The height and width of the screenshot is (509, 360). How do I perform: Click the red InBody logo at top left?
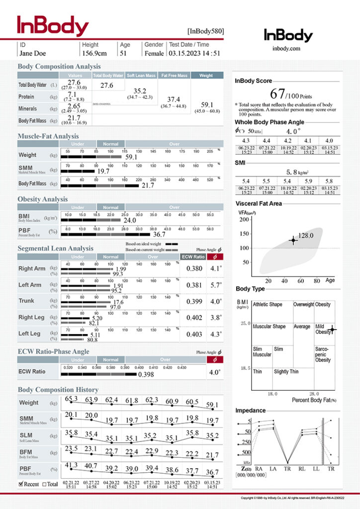53,26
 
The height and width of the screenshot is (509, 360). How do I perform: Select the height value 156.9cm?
94,53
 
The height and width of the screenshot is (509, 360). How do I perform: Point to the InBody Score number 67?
277,93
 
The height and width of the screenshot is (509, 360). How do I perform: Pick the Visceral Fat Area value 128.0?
306,235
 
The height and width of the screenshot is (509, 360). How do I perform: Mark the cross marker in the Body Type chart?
332,329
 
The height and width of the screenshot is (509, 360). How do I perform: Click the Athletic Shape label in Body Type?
268,304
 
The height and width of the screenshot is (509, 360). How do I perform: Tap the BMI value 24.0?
130,220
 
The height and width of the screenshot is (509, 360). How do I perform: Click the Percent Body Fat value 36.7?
159,234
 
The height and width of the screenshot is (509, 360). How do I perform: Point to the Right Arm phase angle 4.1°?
215,269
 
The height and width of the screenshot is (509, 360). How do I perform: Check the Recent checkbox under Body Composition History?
21,484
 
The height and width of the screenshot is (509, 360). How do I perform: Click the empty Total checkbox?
45,484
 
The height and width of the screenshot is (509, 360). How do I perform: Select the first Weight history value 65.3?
71,398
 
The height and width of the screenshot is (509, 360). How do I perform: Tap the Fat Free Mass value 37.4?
174,99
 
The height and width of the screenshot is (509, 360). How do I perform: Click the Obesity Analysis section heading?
43,199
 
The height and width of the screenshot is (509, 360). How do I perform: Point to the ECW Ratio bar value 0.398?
146,374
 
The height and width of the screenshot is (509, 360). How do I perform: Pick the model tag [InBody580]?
206,31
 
